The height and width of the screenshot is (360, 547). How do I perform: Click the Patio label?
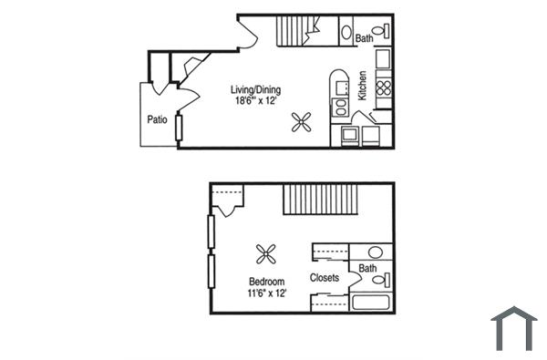coord(157,118)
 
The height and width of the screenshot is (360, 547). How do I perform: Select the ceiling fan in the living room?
coord(302,121)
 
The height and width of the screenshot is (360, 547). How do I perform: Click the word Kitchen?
coord(362,86)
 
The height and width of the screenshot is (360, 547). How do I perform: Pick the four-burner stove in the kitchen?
coord(383,88)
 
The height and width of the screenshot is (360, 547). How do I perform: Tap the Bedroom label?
coord(266,282)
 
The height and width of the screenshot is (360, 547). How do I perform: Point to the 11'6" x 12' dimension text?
coord(266,294)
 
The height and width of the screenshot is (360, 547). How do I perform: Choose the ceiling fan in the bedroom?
coord(266,253)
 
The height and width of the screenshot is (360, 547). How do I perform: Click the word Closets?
coord(325,277)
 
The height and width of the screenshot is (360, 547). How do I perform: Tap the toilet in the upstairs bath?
coord(386,279)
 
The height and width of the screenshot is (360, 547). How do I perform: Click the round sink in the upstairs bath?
coord(375,252)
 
